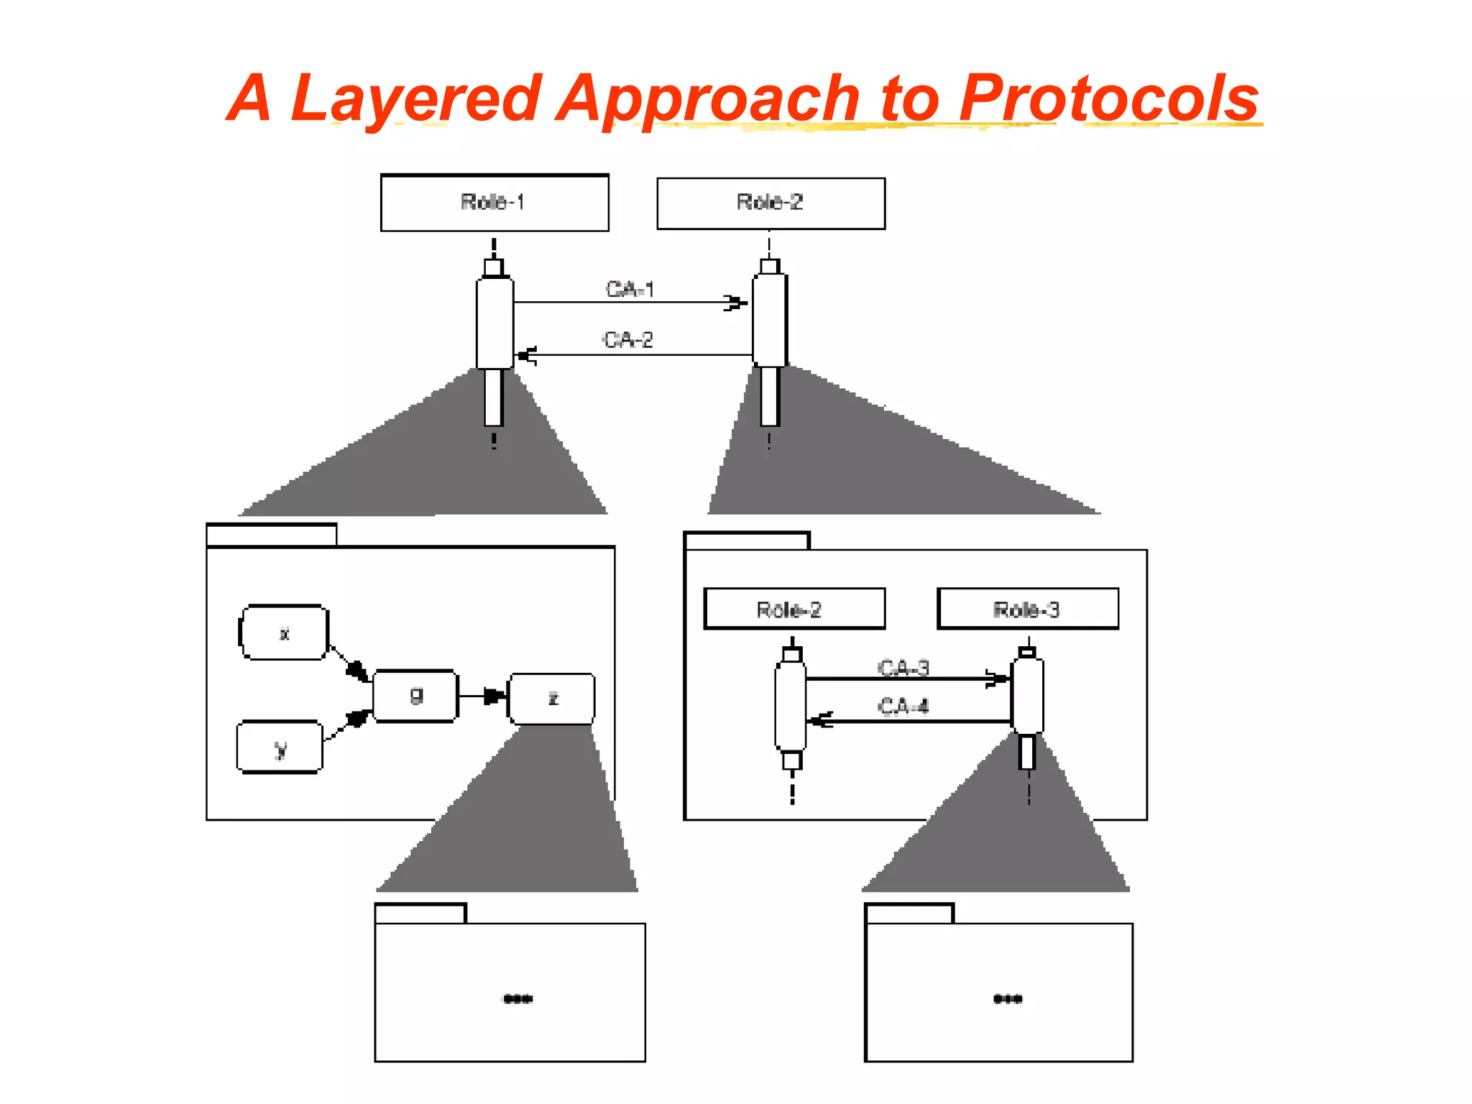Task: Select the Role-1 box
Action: [494, 203]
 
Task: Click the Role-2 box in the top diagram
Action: [770, 203]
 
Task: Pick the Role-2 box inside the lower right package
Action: [793, 609]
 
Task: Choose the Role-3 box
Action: [1028, 609]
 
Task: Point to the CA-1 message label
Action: [630, 289]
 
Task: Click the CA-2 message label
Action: [628, 339]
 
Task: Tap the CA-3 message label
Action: [903, 668]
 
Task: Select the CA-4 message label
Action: [903, 706]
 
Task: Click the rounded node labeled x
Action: [284, 632]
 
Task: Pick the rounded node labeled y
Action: [280, 747]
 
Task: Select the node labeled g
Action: [415, 696]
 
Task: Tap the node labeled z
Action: [552, 699]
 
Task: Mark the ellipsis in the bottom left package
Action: [517, 998]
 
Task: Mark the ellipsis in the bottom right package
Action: [1008, 998]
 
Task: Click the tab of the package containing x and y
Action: [271, 535]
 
